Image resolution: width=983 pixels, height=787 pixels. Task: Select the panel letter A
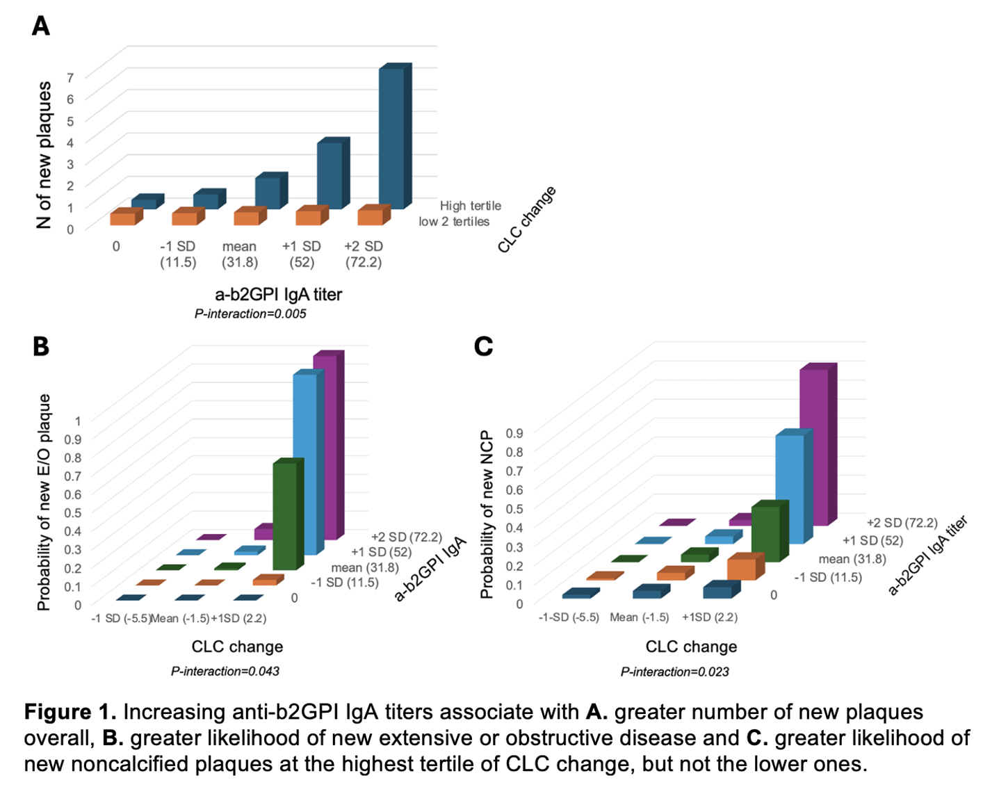[41, 26]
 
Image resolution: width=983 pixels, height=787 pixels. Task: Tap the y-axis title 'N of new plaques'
[44, 154]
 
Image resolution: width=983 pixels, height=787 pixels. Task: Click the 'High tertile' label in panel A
[470, 206]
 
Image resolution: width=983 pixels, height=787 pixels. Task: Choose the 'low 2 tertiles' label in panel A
[454, 222]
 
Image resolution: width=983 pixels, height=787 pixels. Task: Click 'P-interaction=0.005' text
[250, 314]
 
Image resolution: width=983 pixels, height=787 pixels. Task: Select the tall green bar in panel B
[285, 514]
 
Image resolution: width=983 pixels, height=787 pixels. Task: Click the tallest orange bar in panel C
[742, 569]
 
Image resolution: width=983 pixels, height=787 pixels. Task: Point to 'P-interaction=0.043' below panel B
[225, 671]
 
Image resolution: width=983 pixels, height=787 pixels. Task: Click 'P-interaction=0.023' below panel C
[674, 672]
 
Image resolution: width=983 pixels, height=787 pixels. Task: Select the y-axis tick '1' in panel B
[78, 421]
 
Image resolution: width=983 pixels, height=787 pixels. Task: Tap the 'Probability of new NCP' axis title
[487, 514]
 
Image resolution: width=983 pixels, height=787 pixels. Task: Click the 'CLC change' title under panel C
[691, 647]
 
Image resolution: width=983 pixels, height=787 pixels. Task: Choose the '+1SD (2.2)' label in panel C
[710, 617]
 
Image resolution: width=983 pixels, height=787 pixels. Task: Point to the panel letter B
[41, 346]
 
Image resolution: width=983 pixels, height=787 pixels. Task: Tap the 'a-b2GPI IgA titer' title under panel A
[278, 295]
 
